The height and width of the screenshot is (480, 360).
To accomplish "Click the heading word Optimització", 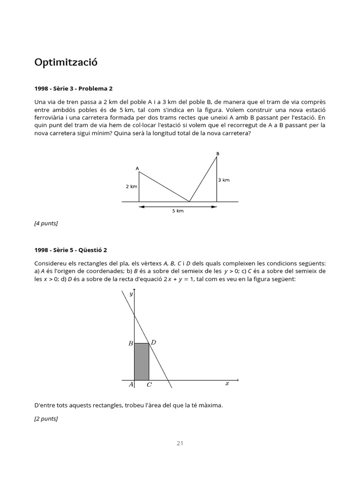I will [66, 62].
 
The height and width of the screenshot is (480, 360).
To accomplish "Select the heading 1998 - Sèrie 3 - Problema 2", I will [74, 88].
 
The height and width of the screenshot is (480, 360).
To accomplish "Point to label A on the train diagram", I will [137, 168].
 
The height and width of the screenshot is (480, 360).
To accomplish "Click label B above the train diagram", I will [217, 153].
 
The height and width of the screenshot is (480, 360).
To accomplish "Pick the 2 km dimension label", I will [131, 187].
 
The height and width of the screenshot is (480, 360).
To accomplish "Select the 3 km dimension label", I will [224, 180].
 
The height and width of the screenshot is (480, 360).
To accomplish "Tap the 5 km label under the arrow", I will [178, 211].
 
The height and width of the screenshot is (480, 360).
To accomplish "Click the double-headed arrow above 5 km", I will [178, 206].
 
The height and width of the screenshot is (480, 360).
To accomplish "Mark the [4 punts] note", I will [46, 223].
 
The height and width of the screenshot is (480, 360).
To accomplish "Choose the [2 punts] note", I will [46, 419].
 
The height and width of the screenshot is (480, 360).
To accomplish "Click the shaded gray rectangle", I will [142, 361].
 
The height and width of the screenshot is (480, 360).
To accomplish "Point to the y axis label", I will [132, 294].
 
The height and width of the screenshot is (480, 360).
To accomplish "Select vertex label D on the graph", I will [153, 343].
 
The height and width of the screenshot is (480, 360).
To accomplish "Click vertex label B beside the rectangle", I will [130, 344].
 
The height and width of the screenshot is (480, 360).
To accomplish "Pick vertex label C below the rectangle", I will [149, 385].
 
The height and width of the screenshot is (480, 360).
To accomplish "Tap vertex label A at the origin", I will [131, 385].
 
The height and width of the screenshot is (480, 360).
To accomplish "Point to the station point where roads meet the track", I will [189, 202].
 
